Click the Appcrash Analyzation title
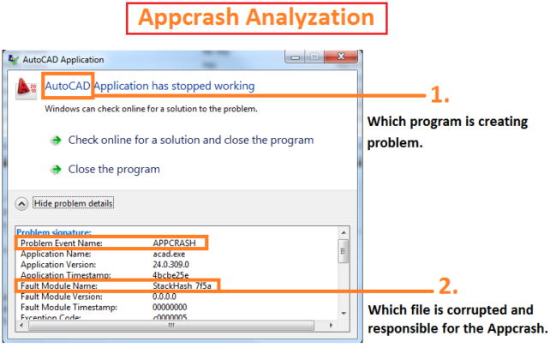274,17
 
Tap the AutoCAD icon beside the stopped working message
27,87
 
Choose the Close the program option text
114,169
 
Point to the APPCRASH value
174,243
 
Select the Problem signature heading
53,232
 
